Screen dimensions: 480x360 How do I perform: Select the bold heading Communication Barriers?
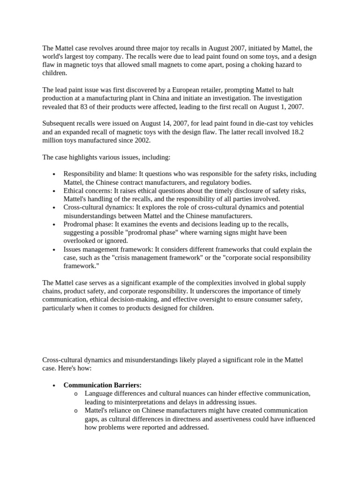(x=102, y=385)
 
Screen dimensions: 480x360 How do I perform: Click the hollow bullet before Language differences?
(x=76, y=394)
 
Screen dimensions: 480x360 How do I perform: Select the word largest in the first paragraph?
(x=72, y=56)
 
